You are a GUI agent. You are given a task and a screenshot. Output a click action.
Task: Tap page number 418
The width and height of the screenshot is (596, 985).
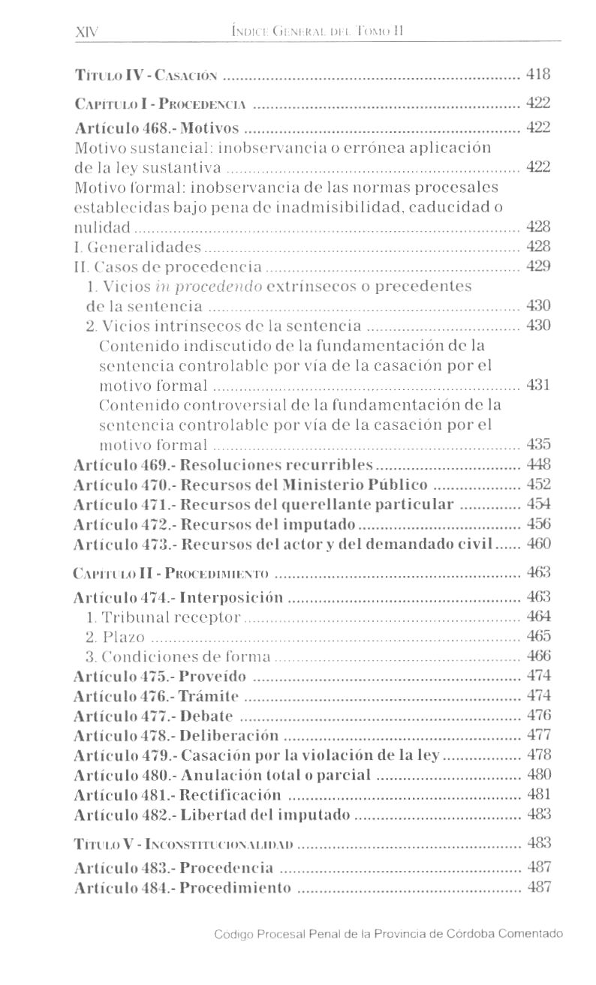point(538,74)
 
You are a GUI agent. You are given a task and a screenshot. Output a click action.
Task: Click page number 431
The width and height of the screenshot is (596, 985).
point(539,385)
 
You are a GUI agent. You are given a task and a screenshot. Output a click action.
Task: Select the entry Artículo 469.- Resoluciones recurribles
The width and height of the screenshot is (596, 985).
point(223,464)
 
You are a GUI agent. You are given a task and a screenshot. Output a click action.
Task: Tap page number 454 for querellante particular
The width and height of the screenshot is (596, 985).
point(539,504)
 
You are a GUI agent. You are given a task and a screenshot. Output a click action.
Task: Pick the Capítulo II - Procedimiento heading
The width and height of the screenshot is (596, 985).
point(171,574)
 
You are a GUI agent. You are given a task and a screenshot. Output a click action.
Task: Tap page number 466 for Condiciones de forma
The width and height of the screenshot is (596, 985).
point(539,656)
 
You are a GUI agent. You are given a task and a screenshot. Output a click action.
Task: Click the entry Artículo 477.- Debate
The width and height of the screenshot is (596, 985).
point(153,716)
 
